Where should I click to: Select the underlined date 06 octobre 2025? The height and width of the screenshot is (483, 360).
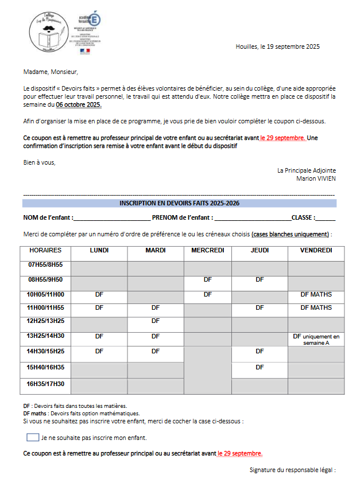79,105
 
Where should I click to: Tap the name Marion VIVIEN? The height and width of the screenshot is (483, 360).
316,178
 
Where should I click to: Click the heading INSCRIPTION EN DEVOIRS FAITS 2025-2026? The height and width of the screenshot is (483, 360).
179,203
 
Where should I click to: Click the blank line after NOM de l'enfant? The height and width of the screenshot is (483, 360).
112,218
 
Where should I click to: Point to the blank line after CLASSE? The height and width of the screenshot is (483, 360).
326,218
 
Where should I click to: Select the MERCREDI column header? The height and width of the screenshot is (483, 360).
207,251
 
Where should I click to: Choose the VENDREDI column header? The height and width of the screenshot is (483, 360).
316,251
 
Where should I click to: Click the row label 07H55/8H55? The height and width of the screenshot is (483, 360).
45,265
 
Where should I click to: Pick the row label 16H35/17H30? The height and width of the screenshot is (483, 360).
45,384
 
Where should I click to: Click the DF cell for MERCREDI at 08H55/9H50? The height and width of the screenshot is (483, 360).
207,280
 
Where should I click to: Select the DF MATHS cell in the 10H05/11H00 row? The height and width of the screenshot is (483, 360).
316,294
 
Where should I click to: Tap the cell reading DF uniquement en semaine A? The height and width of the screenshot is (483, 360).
316,338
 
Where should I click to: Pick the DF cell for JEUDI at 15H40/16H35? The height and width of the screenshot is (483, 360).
260,367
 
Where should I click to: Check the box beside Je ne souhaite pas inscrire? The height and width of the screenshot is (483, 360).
33,437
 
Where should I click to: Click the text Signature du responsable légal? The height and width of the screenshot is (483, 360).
292,470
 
